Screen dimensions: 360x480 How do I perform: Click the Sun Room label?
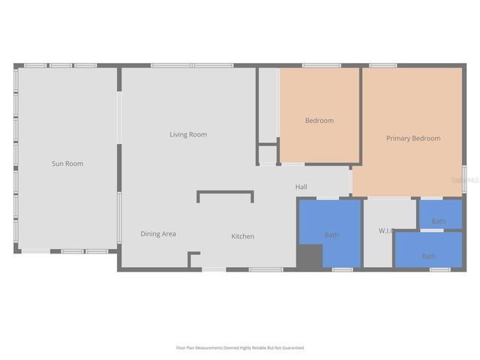[67, 163]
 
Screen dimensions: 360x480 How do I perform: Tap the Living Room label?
[187, 135]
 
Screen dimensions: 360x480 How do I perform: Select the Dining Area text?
[158, 234]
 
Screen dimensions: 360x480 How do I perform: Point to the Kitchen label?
[242, 237]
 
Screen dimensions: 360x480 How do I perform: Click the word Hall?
[301, 187]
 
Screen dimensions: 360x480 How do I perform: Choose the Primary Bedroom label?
[412, 139]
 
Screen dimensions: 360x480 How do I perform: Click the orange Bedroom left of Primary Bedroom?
[319, 121]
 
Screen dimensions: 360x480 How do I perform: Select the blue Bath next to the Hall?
[331, 235]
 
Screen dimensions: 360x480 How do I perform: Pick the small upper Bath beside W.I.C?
[439, 220]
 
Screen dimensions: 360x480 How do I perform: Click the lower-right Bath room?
[428, 256]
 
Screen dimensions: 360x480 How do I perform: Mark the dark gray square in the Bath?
[308, 256]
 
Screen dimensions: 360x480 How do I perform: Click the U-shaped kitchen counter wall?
[225, 193]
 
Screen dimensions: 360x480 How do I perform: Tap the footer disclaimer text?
[240, 348]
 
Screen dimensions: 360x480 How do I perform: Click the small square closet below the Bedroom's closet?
[267, 154]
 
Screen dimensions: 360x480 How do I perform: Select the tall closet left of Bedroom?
[268, 105]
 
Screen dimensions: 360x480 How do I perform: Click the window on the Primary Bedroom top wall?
[382, 66]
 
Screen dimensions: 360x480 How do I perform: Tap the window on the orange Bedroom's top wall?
[321, 66]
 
